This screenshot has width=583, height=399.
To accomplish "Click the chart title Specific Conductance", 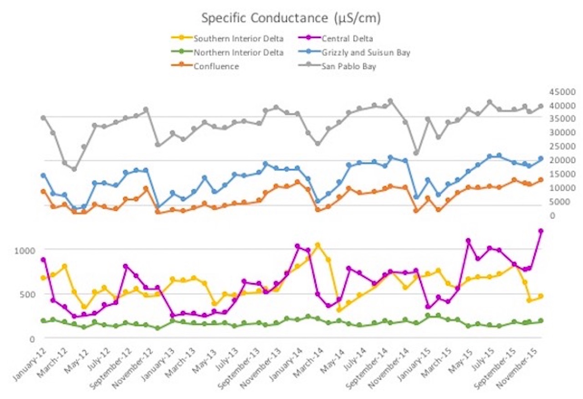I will [x=291, y=19].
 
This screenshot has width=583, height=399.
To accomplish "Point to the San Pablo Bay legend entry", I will [x=353, y=66].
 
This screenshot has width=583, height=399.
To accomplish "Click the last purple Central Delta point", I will [x=541, y=231].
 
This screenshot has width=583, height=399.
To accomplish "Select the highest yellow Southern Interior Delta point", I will [x=318, y=245].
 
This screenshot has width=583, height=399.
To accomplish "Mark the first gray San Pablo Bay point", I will [x=43, y=118].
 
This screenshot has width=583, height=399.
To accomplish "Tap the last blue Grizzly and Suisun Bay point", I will [x=541, y=159].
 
